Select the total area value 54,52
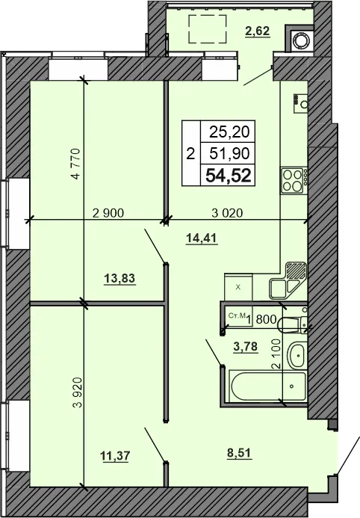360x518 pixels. [232, 176]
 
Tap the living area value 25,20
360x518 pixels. [232, 132]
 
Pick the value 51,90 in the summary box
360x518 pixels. [232, 154]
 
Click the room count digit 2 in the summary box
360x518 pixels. [190, 155]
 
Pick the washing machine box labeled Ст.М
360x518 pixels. [235, 318]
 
